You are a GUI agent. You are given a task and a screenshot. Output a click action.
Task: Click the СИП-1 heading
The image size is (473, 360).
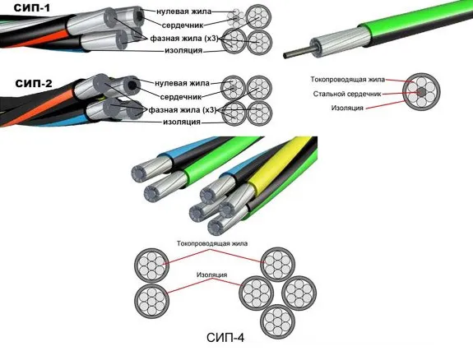pyautogui.click(x=32, y=7)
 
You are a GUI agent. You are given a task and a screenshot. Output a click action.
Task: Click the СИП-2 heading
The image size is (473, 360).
pyautogui.click(x=34, y=83)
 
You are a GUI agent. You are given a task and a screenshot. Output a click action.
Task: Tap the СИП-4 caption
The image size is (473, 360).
pyautogui.click(x=225, y=338)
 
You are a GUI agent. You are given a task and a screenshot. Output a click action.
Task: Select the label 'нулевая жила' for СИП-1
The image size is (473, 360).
pyautogui.click(x=183, y=12)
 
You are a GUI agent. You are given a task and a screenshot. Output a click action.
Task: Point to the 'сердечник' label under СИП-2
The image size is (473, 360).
pyautogui.click(x=181, y=97)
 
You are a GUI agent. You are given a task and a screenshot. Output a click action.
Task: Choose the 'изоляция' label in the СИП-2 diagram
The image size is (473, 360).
pyautogui.click(x=182, y=122)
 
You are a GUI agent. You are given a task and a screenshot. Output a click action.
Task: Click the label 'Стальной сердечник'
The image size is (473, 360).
pyautogui.click(x=347, y=94)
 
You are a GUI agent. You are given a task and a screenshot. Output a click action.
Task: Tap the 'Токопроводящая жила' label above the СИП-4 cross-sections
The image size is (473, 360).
pyautogui.click(x=212, y=243)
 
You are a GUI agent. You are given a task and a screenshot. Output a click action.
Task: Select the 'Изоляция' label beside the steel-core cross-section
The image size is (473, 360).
pyautogui.click(x=347, y=108)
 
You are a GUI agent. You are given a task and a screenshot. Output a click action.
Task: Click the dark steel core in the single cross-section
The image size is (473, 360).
pyautogui.click(x=421, y=92)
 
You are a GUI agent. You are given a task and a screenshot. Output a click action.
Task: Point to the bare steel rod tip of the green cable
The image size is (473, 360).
pyautogui.click(x=285, y=55)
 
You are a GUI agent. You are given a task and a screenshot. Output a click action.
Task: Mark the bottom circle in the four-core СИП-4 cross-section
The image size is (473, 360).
pyautogui.click(x=277, y=321)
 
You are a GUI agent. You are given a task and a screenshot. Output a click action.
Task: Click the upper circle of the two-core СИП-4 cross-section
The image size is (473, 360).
pyautogui.click(x=151, y=265)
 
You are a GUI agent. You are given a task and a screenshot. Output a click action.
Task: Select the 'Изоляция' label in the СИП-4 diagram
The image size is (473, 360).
pyautogui.click(x=211, y=275)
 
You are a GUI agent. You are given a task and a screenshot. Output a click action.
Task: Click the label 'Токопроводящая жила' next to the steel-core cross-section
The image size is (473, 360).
pyautogui.click(x=348, y=80)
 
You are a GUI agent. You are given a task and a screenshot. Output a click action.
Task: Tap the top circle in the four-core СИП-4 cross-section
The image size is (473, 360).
pyautogui.click(x=277, y=265)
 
